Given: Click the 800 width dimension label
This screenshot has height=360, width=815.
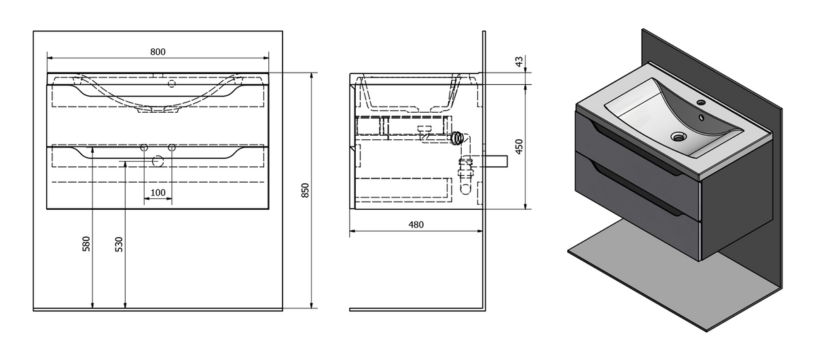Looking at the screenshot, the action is (x=158, y=52).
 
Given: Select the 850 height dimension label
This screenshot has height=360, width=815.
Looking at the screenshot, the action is (x=305, y=190).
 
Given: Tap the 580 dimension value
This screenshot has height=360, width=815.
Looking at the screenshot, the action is (x=86, y=244).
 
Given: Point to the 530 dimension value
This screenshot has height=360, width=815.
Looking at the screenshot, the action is (x=119, y=245).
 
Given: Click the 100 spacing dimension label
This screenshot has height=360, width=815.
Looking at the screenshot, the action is (x=158, y=192).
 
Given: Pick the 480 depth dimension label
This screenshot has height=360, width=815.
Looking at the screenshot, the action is (x=416, y=225).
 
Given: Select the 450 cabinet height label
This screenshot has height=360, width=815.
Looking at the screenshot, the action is (x=519, y=146).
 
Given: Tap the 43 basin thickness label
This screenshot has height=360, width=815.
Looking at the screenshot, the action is (x=519, y=61).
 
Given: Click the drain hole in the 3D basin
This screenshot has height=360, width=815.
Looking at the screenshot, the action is (x=678, y=137).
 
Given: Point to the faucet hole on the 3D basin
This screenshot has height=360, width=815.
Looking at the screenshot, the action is (x=702, y=103).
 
